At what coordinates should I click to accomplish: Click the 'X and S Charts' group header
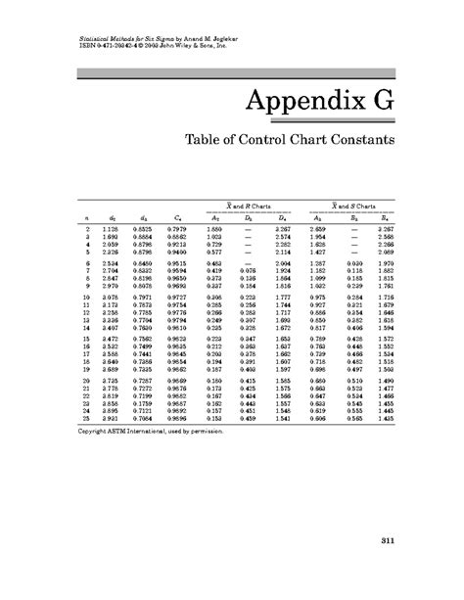click(352, 206)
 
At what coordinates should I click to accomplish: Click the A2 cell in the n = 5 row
click(214, 252)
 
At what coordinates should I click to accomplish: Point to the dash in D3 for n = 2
click(249, 228)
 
